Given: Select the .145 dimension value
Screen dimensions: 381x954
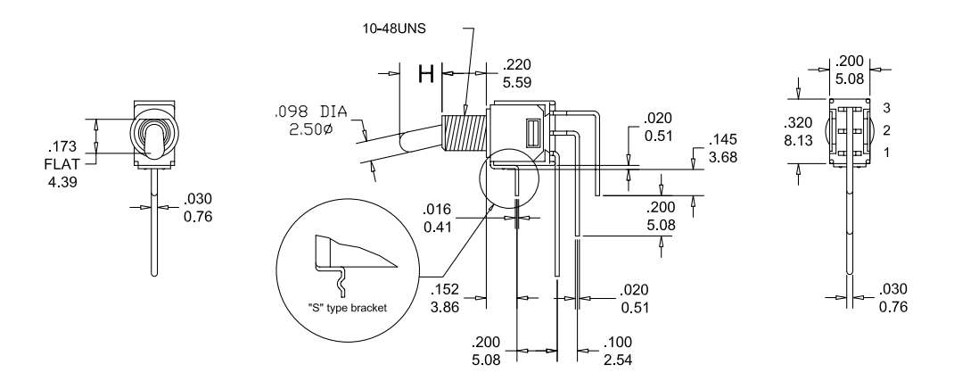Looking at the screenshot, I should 721,141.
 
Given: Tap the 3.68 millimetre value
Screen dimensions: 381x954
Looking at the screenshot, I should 721,157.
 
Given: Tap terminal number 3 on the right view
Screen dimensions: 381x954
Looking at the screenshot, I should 886,107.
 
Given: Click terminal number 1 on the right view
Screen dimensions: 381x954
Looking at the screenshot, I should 886,153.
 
